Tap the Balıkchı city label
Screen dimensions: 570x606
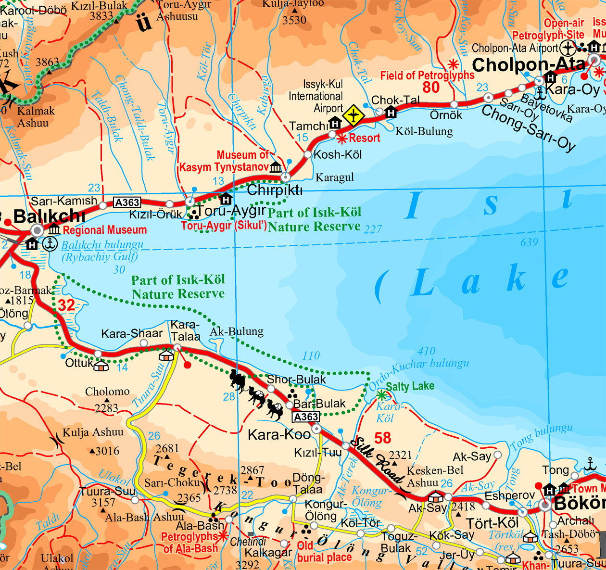point(50,216)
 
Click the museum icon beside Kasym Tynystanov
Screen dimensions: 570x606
point(276,167)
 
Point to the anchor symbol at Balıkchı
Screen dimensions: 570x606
point(50,244)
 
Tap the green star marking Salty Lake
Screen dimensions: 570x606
point(381,396)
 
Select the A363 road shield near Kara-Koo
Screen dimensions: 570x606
point(306,417)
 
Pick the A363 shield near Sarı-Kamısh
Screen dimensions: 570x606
point(127,203)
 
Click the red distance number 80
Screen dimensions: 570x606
point(431,87)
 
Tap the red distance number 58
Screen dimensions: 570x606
point(383,438)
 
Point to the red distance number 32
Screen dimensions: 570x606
point(66,305)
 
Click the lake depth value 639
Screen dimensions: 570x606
point(529,242)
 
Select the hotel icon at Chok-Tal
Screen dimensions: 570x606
point(391,113)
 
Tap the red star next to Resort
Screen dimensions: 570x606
point(342,139)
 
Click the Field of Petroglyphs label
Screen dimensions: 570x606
point(427,76)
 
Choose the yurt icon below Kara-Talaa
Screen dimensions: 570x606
point(166,356)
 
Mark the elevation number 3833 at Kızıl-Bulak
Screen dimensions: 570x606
point(101,16)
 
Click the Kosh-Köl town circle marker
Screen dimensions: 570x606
point(308,155)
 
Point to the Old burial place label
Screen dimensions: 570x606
point(324,552)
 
